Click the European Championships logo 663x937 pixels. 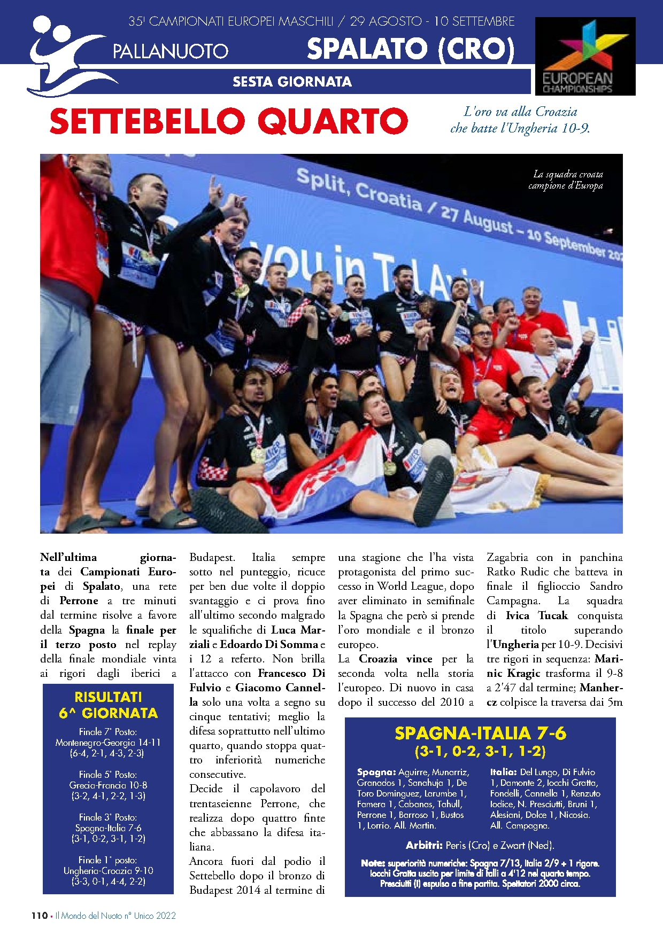point(585,56)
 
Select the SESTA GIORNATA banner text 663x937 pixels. point(292,82)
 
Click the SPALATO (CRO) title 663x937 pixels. point(411,49)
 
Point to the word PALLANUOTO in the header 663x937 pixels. point(171,51)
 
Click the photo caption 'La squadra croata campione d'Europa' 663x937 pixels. point(567,180)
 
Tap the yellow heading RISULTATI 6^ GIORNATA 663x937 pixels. point(108,705)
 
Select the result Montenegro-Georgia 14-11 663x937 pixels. point(108,743)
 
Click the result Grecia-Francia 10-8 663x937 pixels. point(108,785)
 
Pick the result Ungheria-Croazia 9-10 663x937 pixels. point(108,871)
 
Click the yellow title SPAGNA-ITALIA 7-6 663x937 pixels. point(480,733)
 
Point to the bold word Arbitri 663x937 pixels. point(423,845)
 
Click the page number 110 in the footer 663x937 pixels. point(39,916)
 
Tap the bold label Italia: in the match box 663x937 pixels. point(503,772)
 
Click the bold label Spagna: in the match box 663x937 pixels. point(376,772)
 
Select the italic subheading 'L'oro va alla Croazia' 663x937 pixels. point(520,112)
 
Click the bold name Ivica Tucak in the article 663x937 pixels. point(536,615)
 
